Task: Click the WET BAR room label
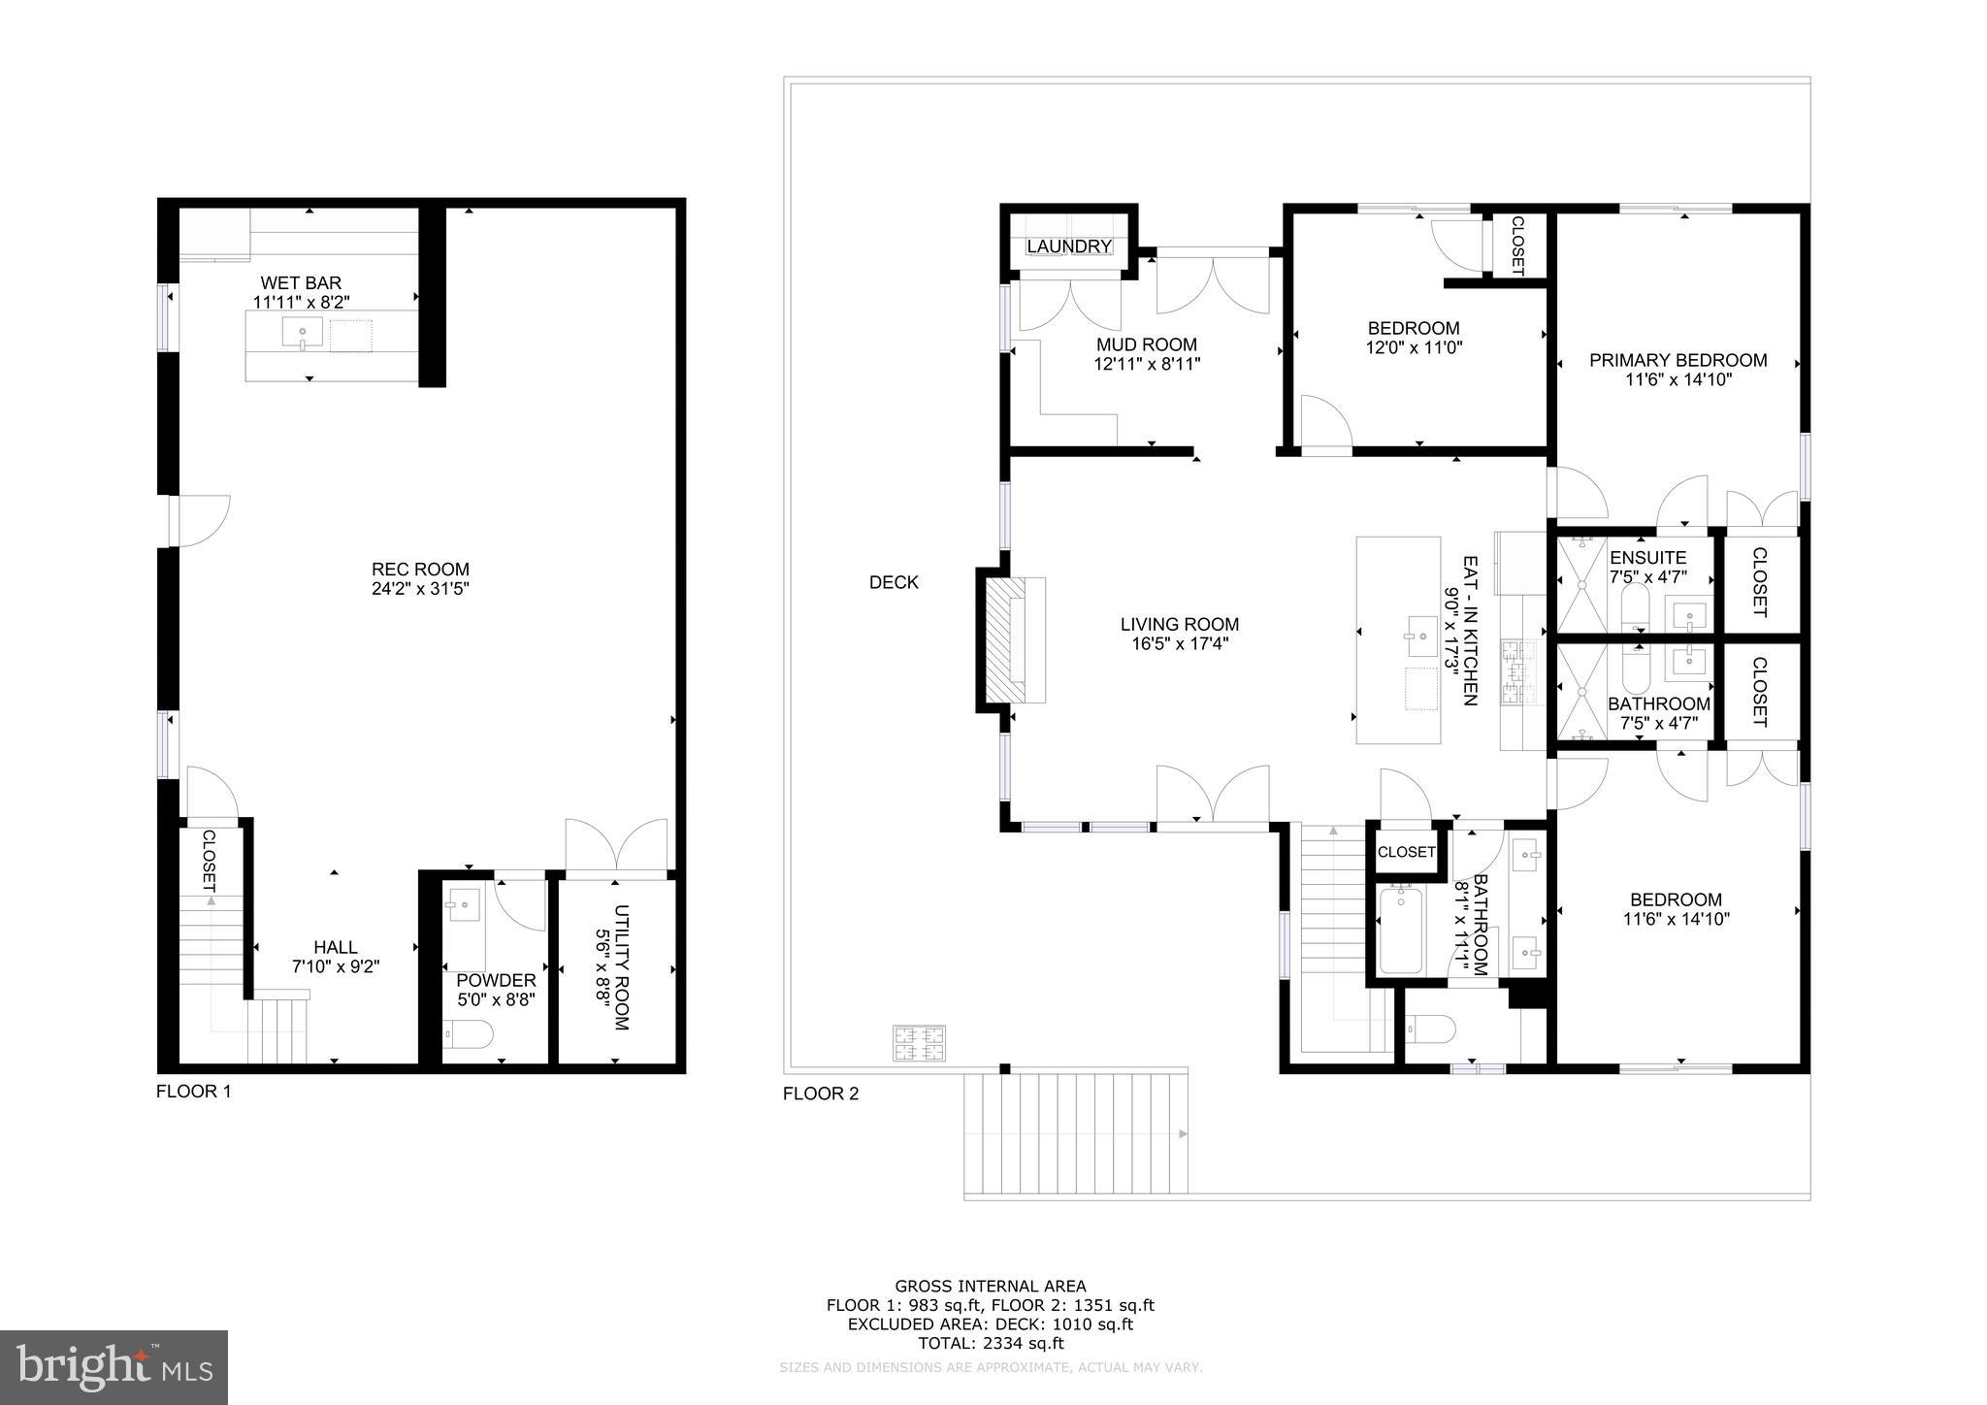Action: coord(301,283)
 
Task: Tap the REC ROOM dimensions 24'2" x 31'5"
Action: coord(420,588)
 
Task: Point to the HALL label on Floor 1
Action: coord(335,947)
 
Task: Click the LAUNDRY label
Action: coord(1068,246)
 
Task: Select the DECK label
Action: coord(893,582)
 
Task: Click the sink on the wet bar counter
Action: coord(302,333)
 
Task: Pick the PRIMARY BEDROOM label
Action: coord(1678,360)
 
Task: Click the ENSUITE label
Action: coord(1647,558)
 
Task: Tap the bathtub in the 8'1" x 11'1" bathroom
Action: coord(1399,930)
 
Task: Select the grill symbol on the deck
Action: coord(919,1043)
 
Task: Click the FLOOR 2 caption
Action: coord(820,1095)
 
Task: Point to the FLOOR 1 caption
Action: coord(193,1092)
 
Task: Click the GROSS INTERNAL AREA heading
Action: coord(990,1287)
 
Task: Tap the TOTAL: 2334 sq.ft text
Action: coord(990,1344)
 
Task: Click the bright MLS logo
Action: coord(114,1368)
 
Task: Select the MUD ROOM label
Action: coord(1146,344)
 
